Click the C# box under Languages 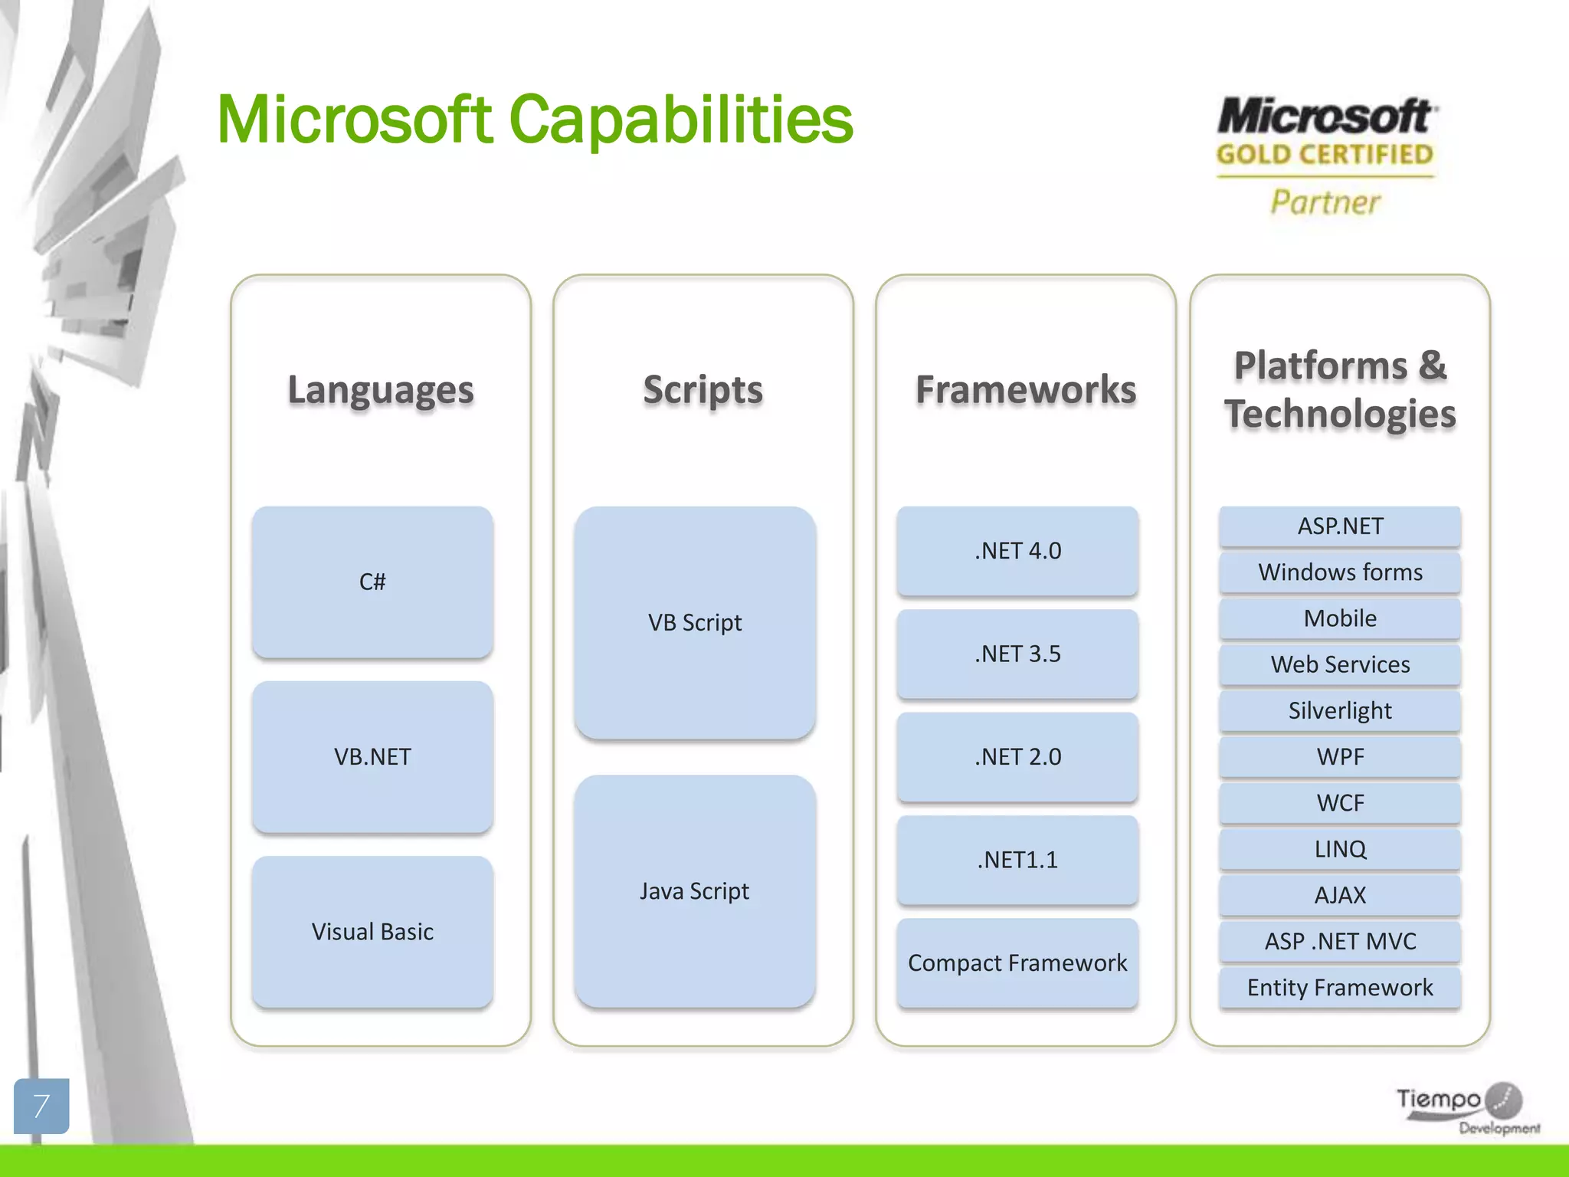(x=372, y=582)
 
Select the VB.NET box (x=372, y=756)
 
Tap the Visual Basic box (x=372, y=931)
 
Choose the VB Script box (x=695, y=622)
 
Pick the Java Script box (x=695, y=890)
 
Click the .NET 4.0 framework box (x=1017, y=550)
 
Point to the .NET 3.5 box (x=1017, y=654)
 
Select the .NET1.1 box (x=1017, y=860)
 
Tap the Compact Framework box (x=1017, y=962)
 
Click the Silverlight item (x=1340, y=710)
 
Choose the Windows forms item (x=1340, y=572)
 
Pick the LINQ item (x=1340, y=849)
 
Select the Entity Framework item (x=1340, y=987)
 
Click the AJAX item (x=1340, y=895)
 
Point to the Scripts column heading (x=703, y=389)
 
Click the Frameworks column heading (x=1026, y=389)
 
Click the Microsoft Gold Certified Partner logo (x=1325, y=157)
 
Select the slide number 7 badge (x=41, y=1106)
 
